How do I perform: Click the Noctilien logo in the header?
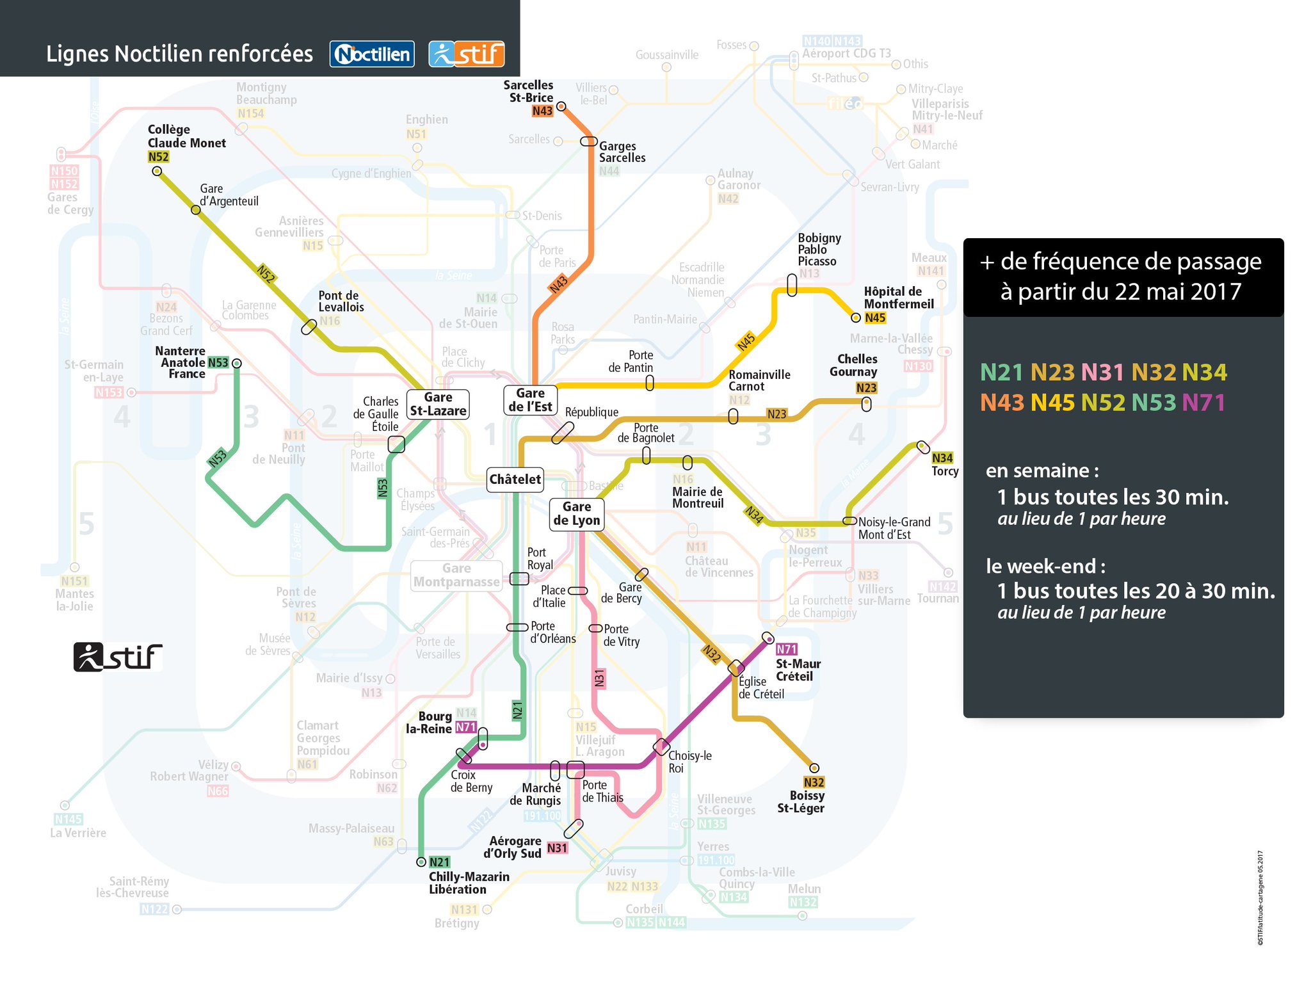(x=372, y=54)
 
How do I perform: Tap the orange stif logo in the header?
(x=467, y=54)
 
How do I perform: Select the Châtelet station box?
(x=515, y=479)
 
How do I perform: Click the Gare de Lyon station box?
(x=577, y=514)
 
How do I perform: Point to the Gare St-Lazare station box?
(x=438, y=404)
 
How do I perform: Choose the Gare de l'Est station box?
(x=530, y=400)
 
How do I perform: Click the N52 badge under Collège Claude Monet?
(x=158, y=157)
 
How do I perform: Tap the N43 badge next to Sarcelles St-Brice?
(x=542, y=111)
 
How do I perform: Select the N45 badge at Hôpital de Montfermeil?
(x=875, y=318)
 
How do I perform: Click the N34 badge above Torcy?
(x=942, y=458)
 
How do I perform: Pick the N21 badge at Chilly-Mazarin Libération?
(x=439, y=862)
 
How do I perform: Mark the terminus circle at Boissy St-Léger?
(x=814, y=768)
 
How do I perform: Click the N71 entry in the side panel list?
(x=1203, y=403)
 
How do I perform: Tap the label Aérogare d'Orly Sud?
(x=513, y=847)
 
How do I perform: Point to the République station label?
(x=591, y=412)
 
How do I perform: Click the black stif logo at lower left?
(x=118, y=657)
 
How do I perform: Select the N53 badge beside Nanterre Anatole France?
(x=218, y=363)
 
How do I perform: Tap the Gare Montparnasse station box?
(x=456, y=575)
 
